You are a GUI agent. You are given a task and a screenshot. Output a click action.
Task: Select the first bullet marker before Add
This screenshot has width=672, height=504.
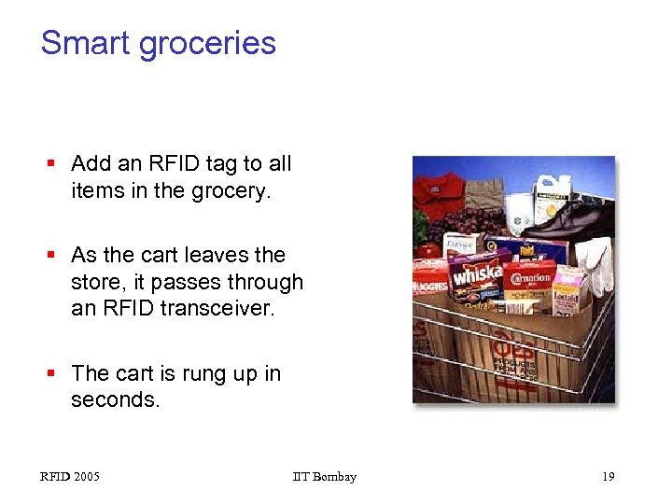click(x=54, y=164)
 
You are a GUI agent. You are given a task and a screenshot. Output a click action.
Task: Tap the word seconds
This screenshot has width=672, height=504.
click(x=114, y=399)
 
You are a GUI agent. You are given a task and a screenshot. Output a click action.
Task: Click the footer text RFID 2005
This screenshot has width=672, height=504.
click(x=70, y=477)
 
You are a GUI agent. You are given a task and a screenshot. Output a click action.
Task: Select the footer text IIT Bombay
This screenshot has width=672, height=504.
click(x=324, y=477)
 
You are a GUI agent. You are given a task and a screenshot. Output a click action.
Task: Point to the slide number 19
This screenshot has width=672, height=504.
click(x=608, y=477)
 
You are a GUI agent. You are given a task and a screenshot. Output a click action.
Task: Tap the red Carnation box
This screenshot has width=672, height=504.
click(x=529, y=281)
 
